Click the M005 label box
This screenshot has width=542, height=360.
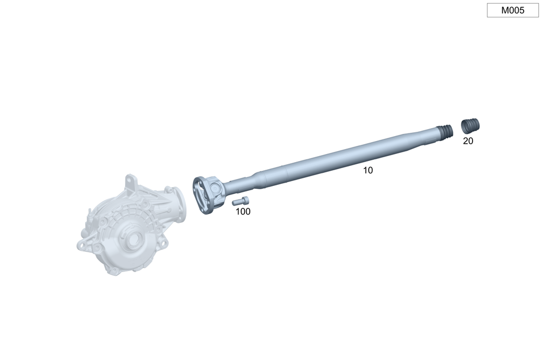(513, 10)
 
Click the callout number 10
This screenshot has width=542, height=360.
(368, 170)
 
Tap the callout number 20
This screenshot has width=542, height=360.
(468, 141)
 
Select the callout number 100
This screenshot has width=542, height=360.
(243, 211)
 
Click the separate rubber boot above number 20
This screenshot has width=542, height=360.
(470, 126)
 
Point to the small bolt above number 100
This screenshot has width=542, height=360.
(241, 201)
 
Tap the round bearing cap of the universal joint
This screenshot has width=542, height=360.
(215, 189)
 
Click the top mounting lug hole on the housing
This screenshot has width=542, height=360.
(130, 181)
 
